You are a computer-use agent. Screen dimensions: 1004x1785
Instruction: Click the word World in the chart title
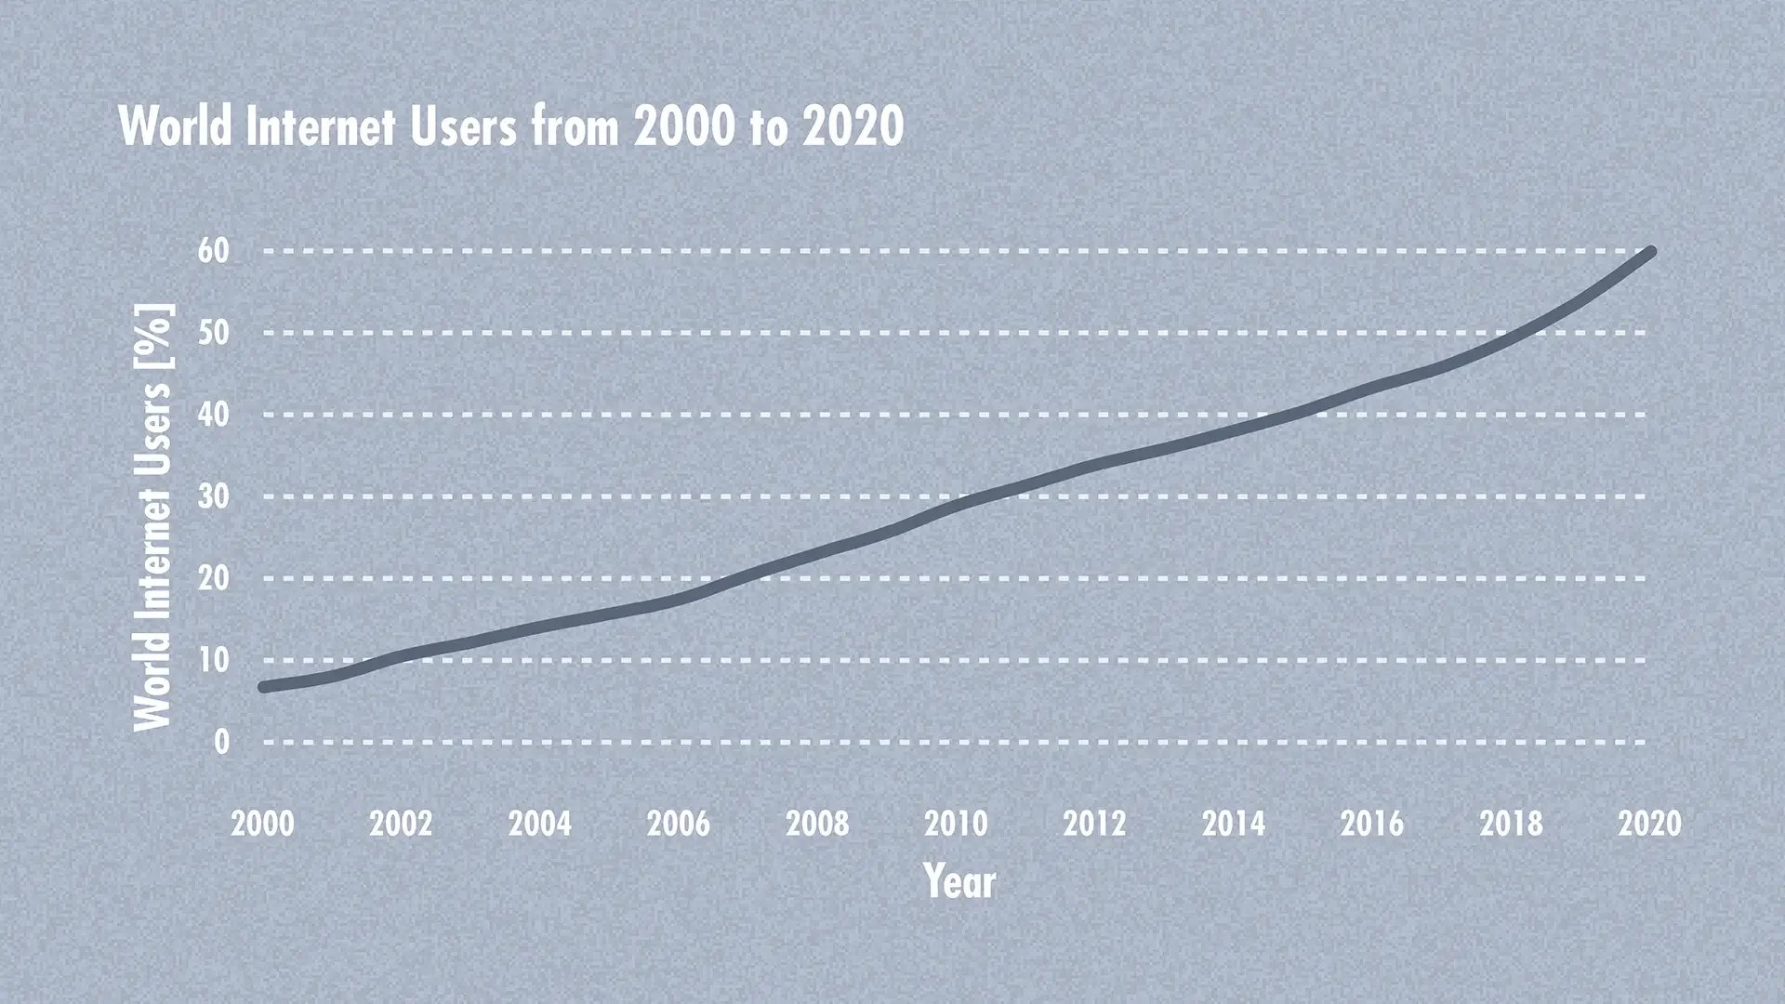pos(176,126)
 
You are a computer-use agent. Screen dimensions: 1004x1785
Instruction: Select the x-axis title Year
pos(959,880)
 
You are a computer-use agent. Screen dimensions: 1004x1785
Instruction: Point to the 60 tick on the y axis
pos(214,250)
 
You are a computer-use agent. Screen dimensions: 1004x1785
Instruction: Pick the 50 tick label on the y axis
pos(214,332)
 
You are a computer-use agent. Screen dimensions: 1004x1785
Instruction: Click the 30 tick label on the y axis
pos(214,495)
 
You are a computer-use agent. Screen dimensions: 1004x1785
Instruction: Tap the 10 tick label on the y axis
pos(214,659)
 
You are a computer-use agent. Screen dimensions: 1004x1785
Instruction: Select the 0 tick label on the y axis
pos(221,741)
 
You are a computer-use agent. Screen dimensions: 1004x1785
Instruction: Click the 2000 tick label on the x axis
pos(262,823)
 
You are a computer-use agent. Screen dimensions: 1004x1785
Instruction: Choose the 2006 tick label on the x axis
pos(679,823)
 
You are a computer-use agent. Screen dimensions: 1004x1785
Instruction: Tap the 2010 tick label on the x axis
pos(956,823)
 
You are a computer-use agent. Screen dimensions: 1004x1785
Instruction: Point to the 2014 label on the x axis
pos(1233,823)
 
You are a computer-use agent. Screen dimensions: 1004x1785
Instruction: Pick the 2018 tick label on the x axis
pos(1511,823)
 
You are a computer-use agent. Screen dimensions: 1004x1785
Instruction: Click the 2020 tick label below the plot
pos(1649,823)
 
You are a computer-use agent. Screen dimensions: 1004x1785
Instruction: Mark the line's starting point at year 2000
pos(264,687)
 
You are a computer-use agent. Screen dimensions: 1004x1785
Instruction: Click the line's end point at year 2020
pos(1650,251)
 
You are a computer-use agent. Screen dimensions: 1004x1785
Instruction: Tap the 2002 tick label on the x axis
pos(401,823)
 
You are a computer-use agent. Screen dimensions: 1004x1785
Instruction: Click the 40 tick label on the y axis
pos(214,414)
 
